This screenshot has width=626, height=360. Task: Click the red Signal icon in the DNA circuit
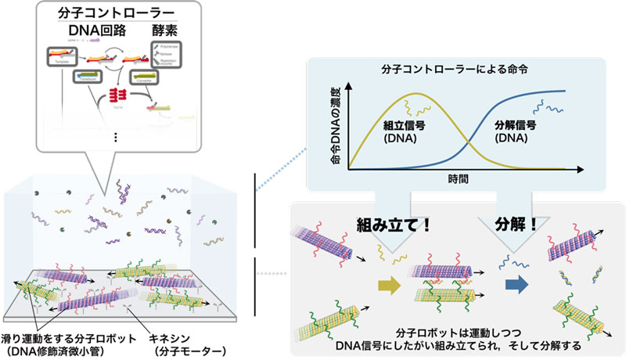pos(118,95)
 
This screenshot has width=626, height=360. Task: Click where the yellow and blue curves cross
pos(467,141)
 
